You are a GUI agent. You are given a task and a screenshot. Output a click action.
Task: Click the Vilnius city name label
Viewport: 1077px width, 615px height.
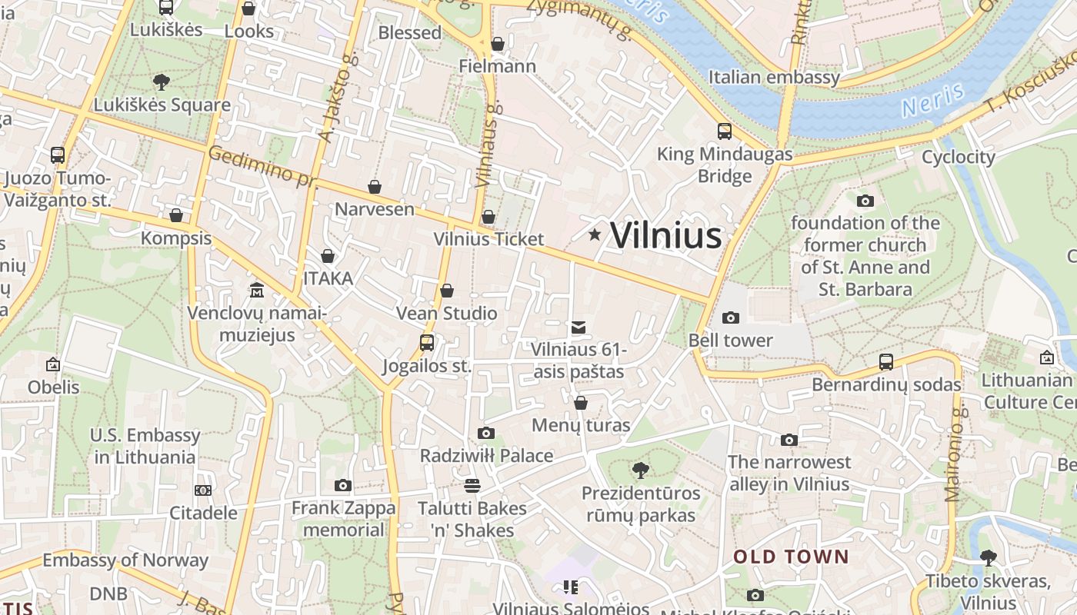(665, 235)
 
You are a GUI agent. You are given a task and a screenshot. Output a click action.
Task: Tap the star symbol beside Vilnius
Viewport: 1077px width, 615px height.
(595, 234)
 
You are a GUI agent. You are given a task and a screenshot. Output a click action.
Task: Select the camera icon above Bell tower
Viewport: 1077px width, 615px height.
(731, 317)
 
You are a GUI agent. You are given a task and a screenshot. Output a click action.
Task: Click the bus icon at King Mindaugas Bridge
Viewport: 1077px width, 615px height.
(724, 131)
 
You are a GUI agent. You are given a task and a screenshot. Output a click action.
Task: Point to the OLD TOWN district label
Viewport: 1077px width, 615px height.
(791, 557)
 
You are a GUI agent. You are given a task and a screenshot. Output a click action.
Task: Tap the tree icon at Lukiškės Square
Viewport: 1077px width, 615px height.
(162, 82)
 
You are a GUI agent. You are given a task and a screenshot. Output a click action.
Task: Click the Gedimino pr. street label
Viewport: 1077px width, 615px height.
(262, 165)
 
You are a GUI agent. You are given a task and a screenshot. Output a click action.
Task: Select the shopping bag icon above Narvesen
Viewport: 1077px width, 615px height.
(375, 187)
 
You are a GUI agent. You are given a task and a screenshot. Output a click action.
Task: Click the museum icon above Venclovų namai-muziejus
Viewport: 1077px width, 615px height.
(257, 291)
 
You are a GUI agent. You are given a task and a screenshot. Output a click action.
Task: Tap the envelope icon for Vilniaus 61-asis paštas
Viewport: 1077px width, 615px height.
(579, 327)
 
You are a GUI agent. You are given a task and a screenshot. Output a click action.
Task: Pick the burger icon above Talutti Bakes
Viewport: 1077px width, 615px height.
(472, 486)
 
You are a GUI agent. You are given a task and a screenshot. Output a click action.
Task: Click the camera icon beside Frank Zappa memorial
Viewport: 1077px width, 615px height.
(343, 485)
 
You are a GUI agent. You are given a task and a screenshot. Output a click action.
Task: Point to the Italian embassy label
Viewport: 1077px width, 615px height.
(774, 77)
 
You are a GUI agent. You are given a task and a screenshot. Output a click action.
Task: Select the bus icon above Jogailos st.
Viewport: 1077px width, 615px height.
(427, 343)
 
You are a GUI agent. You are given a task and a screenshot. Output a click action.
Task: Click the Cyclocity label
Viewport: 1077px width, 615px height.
(958, 157)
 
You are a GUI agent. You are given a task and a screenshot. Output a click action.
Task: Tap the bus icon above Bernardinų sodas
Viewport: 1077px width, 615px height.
(886, 361)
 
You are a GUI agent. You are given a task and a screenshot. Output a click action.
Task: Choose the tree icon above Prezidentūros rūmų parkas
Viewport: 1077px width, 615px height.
(640, 470)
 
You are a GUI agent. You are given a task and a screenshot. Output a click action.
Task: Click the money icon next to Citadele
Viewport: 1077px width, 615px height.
(203, 490)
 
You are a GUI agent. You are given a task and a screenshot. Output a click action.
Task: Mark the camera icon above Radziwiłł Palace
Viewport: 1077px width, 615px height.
(486, 433)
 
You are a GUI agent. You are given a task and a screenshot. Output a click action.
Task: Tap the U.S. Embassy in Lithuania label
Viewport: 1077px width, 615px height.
(145, 446)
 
